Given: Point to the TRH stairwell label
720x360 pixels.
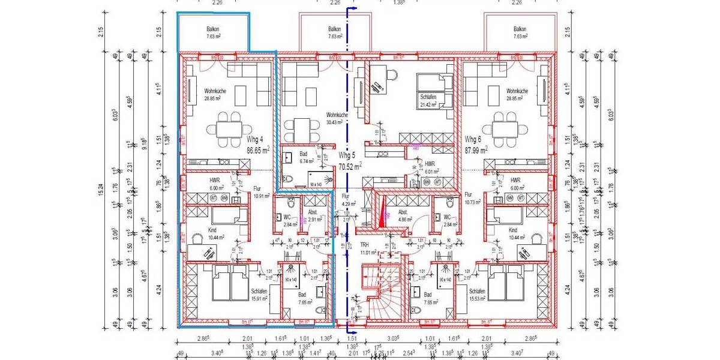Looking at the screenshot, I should coord(364,245).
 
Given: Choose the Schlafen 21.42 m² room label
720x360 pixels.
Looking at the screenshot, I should coord(428,100).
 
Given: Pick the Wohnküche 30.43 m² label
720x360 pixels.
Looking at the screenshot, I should coord(336,118).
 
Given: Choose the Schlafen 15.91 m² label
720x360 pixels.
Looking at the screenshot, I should coord(259,295).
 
